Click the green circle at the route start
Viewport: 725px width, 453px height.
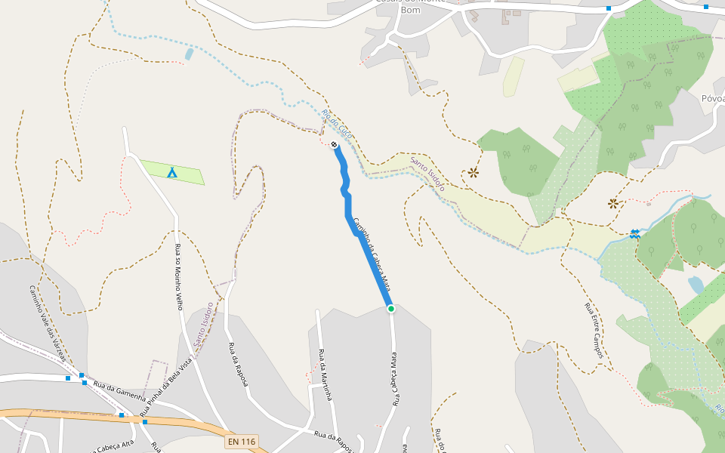tap(391, 308)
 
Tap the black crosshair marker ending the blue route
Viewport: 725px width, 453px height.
tap(334, 143)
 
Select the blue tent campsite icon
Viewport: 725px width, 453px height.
tap(172, 173)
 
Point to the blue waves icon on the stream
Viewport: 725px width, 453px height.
tap(635, 234)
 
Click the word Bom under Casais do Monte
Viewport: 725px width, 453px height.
tap(410, 10)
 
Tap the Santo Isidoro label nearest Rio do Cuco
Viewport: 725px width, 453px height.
tap(427, 173)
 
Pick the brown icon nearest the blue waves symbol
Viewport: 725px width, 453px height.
tap(613, 203)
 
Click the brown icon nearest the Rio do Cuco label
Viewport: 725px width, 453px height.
tap(474, 173)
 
